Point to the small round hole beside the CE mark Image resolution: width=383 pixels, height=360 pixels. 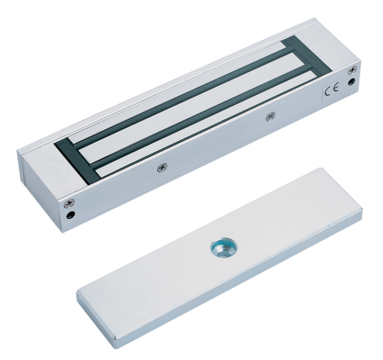pos(352,81)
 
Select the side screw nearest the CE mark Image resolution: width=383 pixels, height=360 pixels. pos(270,116)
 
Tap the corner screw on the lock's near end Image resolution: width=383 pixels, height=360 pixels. pos(69,203)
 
